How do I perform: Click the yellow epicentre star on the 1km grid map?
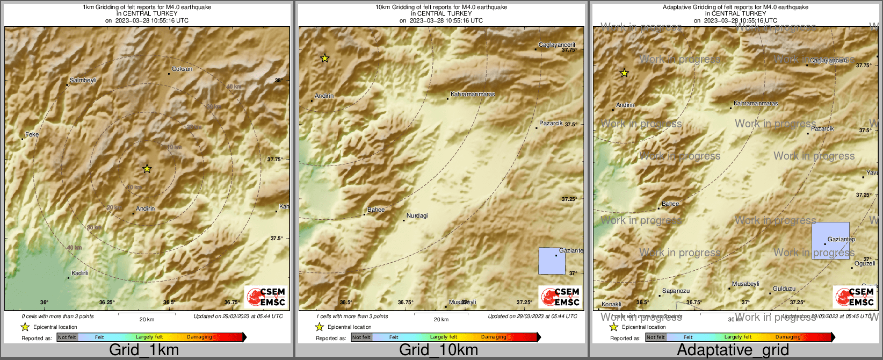147,169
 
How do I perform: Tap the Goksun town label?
182,69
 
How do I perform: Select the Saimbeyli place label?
83,81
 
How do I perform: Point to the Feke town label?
32,135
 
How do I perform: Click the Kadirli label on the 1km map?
79,273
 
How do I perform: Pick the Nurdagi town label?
417,216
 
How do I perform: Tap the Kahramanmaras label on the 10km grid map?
473,95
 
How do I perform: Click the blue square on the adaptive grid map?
830,241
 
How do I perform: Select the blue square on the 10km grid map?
552,261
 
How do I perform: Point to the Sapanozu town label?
676,291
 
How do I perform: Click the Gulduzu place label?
784,289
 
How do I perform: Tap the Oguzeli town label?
865,264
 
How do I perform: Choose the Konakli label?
611,305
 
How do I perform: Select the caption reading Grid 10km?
438,350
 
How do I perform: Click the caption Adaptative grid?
733,350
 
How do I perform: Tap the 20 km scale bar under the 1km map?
147,314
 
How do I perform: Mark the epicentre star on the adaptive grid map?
624,73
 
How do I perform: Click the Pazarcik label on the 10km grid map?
551,124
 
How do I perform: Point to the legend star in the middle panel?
319,327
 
